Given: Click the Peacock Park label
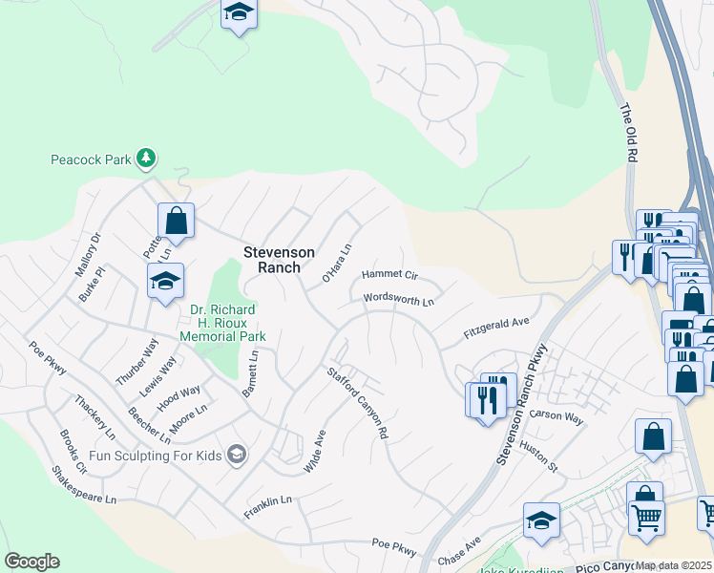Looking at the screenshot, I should (x=90, y=159).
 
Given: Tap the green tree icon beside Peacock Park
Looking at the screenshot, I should (x=145, y=158).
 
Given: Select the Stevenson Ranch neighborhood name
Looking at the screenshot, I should (x=279, y=260).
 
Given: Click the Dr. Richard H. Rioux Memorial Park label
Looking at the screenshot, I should (x=222, y=323).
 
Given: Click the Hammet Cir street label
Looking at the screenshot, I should (x=389, y=275).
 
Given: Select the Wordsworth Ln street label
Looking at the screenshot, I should (x=398, y=300).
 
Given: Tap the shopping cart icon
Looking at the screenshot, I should (x=646, y=518).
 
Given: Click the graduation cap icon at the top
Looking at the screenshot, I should (x=240, y=13).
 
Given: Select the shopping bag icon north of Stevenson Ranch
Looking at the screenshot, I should (x=177, y=222).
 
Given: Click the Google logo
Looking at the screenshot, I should (x=31, y=562).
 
